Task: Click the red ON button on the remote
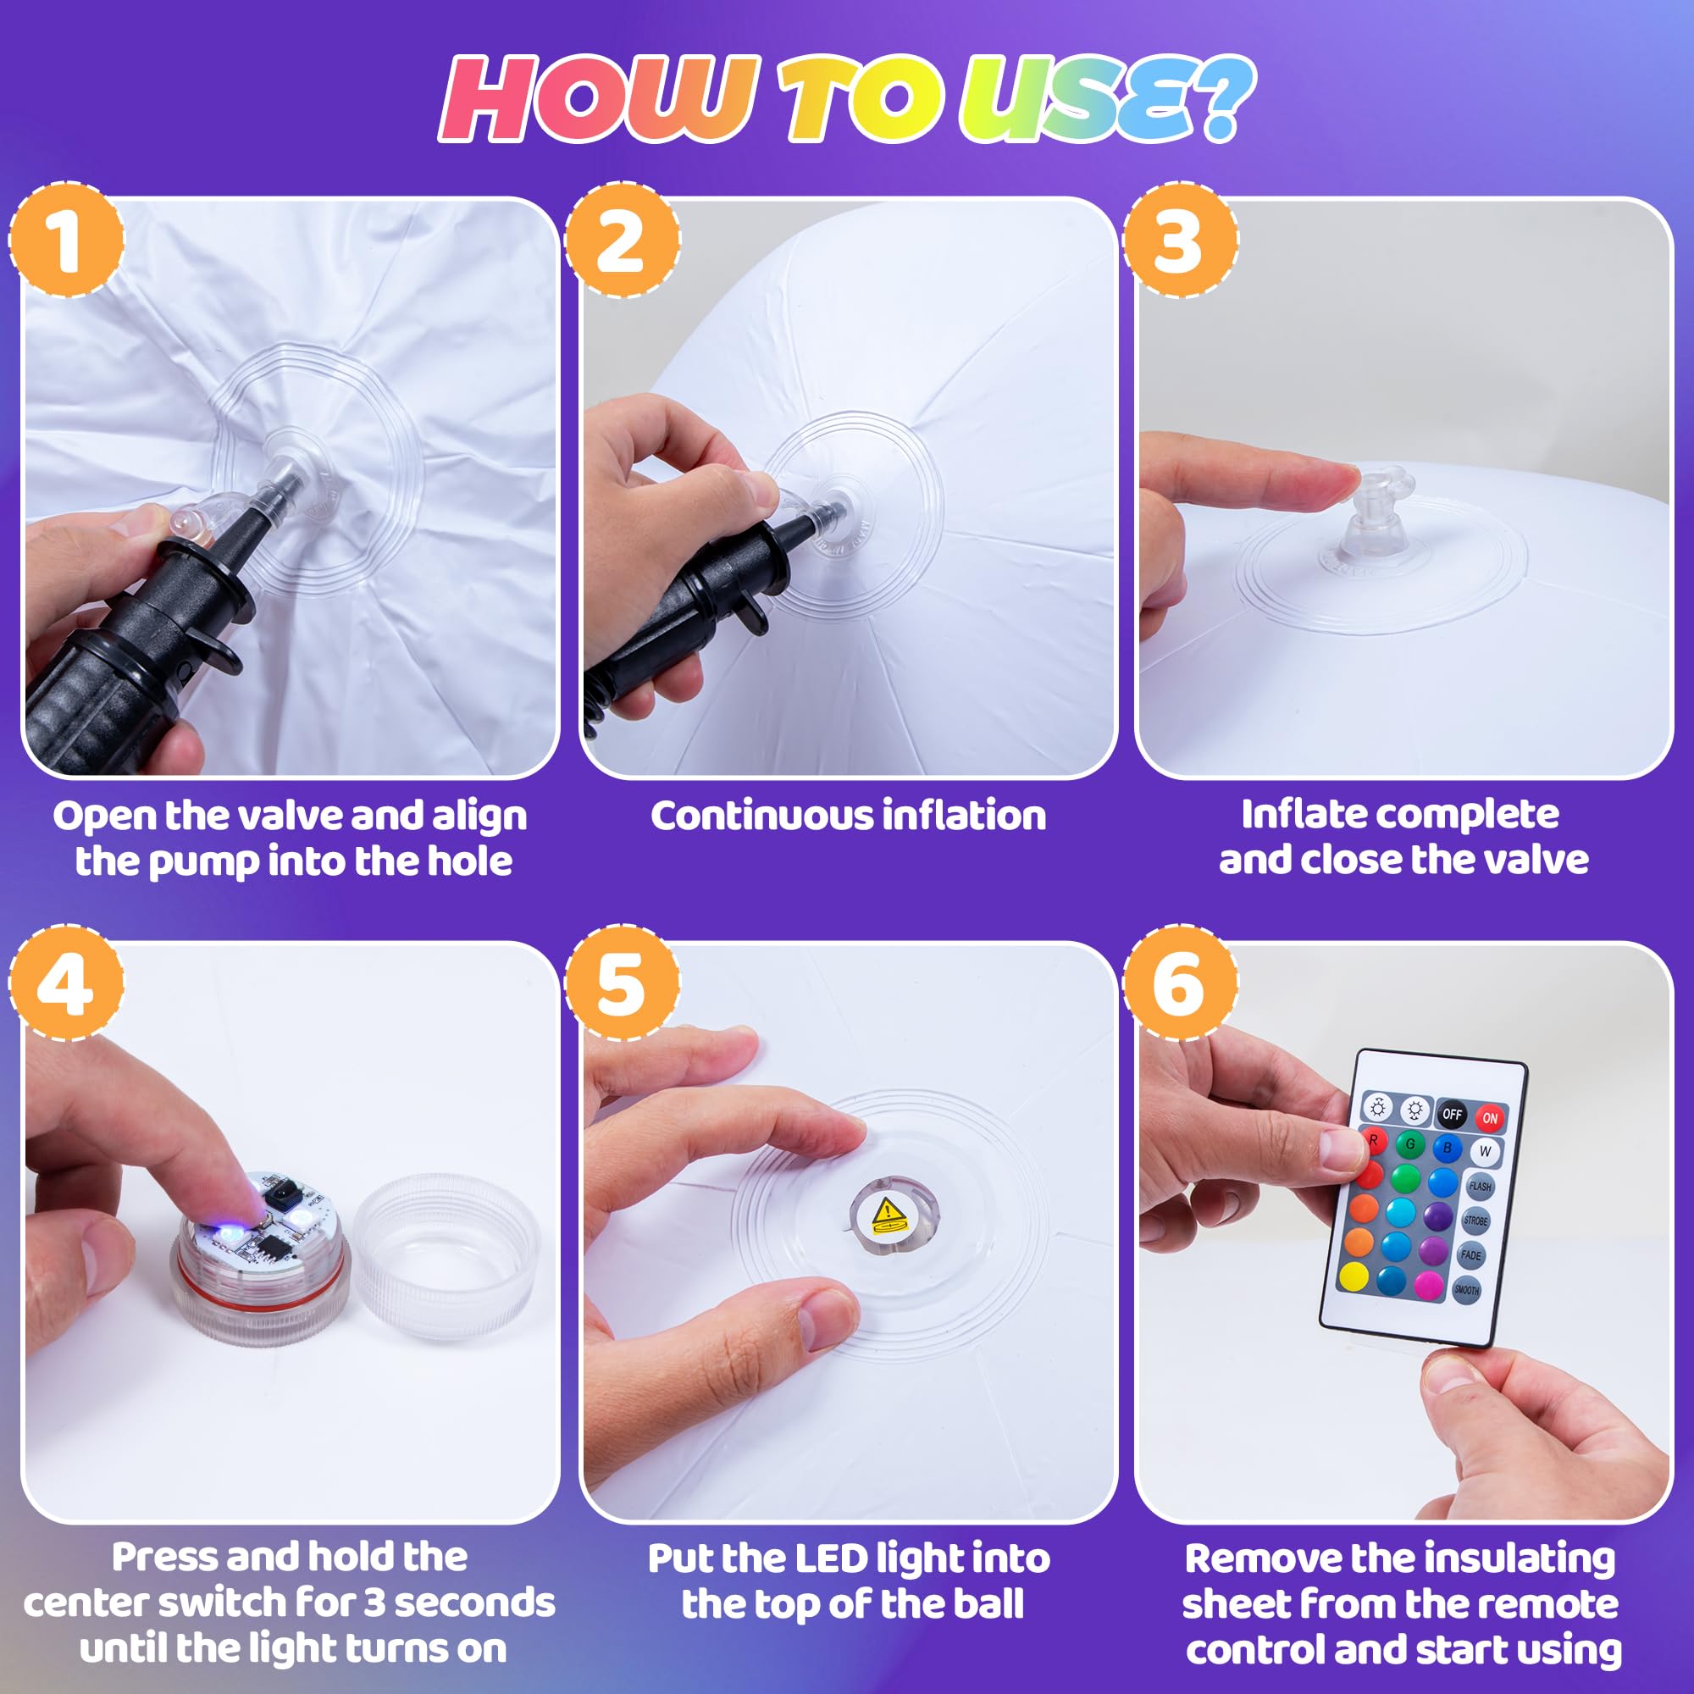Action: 1490,1118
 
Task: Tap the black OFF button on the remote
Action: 1452,1114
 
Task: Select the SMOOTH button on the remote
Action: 1466,1290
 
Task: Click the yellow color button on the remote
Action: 1354,1276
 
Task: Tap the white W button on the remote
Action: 1485,1151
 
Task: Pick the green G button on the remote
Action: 1410,1143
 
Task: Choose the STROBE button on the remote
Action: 1475,1220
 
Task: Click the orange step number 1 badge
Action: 67,240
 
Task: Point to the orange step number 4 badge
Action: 67,983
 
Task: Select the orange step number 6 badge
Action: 1180,983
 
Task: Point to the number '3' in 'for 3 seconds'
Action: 374,1603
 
